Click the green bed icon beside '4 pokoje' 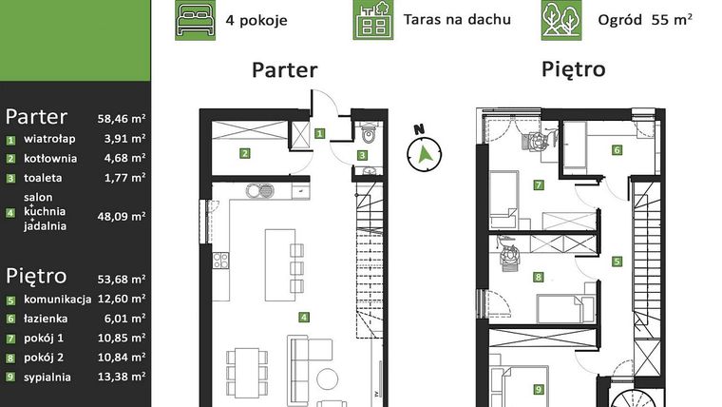(x=194, y=20)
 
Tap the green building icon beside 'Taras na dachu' (x=371, y=20)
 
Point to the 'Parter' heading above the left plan (x=284, y=70)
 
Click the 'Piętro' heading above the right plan (x=573, y=69)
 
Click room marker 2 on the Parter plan (x=244, y=152)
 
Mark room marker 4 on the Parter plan (x=303, y=318)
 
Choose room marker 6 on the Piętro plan (x=617, y=149)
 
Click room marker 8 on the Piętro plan (x=539, y=278)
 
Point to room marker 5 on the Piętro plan (x=617, y=261)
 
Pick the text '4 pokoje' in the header (x=257, y=20)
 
